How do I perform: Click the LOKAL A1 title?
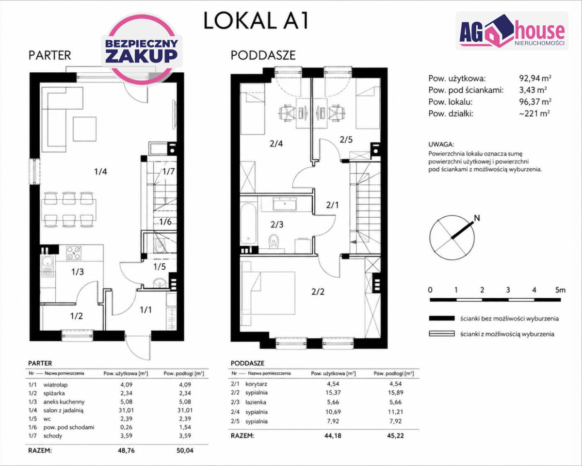256,21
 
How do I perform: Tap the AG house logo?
512,31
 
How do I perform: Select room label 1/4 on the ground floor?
100,172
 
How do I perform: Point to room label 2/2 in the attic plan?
318,292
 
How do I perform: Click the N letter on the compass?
477,218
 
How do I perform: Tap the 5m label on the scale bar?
560,290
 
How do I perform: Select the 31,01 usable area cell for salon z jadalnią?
126,410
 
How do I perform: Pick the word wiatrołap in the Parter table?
55,385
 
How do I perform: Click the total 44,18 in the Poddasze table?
333,436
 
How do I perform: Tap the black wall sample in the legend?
442,318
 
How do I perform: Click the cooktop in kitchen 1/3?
74,253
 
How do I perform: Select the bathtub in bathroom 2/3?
248,227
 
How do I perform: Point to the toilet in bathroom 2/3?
274,241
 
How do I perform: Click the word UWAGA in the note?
441,144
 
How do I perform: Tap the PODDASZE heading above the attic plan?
263,55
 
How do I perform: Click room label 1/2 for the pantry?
77,316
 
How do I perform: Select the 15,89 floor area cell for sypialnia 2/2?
395,392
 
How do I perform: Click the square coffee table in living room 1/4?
84,129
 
